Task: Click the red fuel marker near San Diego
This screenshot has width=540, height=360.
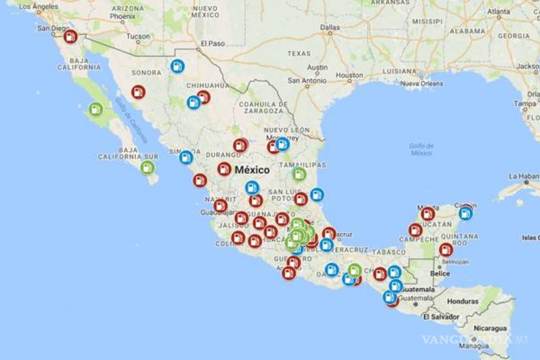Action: click(x=70, y=36)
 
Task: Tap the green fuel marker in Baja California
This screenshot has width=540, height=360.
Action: click(x=95, y=109)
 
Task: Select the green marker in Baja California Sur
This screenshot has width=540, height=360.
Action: click(x=147, y=168)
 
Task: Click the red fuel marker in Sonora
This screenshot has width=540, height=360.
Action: click(x=138, y=92)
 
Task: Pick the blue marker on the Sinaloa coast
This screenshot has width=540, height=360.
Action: click(x=186, y=157)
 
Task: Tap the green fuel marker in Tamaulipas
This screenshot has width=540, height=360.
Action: click(x=299, y=174)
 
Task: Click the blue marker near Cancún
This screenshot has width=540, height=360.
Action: click(x=466, y=213)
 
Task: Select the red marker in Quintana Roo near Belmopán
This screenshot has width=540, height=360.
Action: click(x=445, y=250)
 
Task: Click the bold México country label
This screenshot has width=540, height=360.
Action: click(x=252, y=170)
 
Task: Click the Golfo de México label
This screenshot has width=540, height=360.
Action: click(x=422, y=149)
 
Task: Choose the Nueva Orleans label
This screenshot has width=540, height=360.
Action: click(x=422, y=83)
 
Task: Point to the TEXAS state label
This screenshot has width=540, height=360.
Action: click(x=299, y=54)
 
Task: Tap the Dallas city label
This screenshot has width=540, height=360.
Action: click(x=330, y=27)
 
